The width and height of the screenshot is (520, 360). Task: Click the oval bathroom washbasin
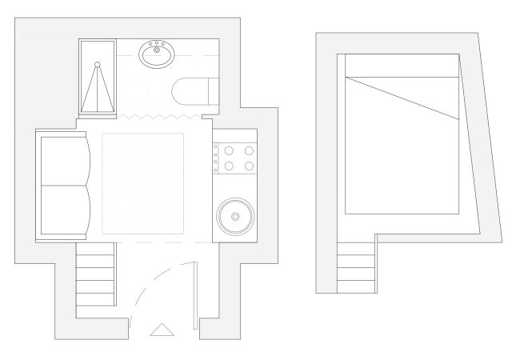(x=158, y=54)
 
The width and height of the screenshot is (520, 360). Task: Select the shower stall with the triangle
(x=98, y=78)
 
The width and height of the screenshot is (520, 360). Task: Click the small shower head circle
(x=98, y=63)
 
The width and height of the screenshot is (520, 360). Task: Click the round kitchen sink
(x=234, y=215)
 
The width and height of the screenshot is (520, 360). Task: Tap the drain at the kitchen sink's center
(x=234, y=215)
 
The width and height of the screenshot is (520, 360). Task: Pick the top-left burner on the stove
(x=227, y=150)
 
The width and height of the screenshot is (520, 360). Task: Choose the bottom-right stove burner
(x=249, y=166)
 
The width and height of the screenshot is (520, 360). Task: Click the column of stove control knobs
(x=215, y=158)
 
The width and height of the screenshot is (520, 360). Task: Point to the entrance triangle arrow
(x=162, y=329)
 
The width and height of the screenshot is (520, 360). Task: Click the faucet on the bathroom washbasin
(x=158, y=45)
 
